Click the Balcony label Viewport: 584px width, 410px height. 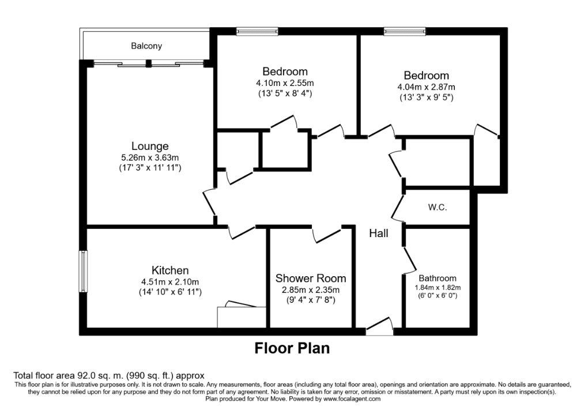[146, 46]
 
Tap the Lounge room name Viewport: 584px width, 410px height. [150, 146]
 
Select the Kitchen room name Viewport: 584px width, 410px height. [170, 270]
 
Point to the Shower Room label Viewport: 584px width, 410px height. [311, 278]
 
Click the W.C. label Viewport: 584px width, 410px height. [437, 208]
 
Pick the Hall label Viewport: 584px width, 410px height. [379, 234]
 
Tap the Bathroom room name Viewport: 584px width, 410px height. [437, 278]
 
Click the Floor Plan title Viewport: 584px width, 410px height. [292, 348]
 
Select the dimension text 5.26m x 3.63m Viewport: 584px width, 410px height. [150, 158]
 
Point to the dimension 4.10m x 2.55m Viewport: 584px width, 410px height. [285, 83]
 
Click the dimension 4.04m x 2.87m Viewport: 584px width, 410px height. [427, 87]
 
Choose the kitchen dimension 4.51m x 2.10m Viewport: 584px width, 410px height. [170, 282]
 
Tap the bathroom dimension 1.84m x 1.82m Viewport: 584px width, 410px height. [438, 288]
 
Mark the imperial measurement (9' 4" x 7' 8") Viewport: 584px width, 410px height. [311, 299]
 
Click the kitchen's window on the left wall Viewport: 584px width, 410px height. [82, 271]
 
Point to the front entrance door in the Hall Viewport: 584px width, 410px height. [379, 325]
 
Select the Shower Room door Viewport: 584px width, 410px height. [327, 235]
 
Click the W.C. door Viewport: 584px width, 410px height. [398, 208]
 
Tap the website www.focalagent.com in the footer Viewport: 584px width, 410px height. [352, 399]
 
